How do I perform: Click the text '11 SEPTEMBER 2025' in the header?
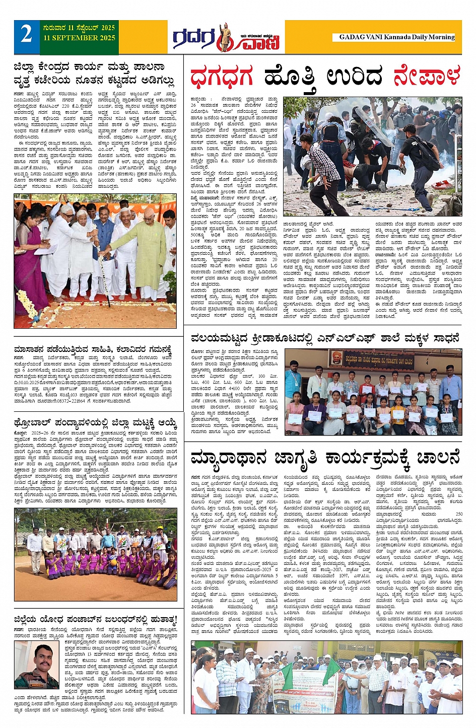[x=79, y=38]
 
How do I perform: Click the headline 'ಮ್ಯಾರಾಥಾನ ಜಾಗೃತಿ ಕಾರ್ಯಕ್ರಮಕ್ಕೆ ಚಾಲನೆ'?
[x=325, y=459]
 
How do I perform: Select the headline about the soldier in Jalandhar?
[x=96, y=619]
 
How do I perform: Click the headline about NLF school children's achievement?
[x=325, y=338]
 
